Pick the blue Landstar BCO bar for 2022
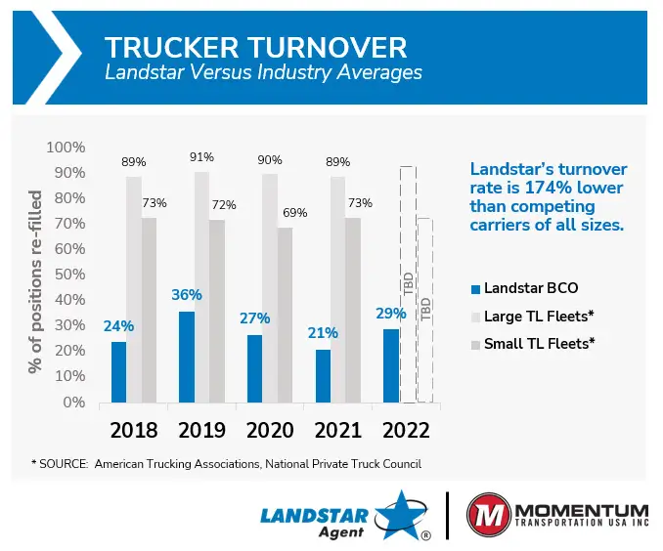(x=391, y=365)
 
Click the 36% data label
(x=187, y=295)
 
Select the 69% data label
(x=294, y=213)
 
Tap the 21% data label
(x=323, y=333)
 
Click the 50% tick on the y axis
(x=67, y=275)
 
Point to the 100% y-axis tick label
(x=65, y=148)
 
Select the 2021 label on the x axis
(x=338, y=430)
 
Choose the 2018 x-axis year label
(x=134, y=430)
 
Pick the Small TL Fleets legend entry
(x=539, y=343)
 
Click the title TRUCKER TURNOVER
(x=255, y=47)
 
